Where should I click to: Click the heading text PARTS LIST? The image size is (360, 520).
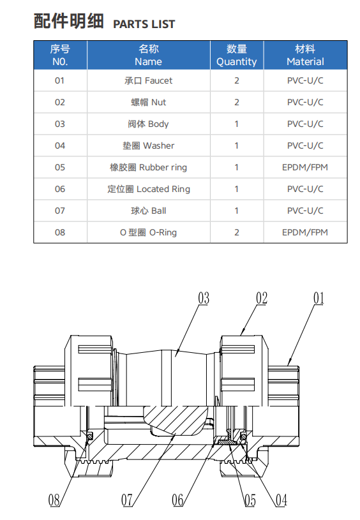click(144, 24)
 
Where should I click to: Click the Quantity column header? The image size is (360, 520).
click(237, 55)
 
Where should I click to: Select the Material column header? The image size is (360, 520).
click(305, 55)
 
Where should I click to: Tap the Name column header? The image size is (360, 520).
click(148, 55)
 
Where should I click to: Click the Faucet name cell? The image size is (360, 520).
click(148, 80)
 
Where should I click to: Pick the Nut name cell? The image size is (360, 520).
click(148, 102)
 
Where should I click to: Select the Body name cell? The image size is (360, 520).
click(148, 124)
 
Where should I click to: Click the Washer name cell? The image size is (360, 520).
click(148, 145)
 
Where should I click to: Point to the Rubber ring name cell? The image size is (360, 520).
click(148, 167)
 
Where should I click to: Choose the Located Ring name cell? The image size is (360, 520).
click(148, 189)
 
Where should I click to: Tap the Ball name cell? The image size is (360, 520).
click(148, 211)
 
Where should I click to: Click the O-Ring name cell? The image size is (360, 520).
click(148, 232)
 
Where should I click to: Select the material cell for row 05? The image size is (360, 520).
click(305, 167)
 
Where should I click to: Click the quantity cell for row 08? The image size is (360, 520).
click(237, 232)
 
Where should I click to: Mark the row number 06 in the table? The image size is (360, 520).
click(60, 189)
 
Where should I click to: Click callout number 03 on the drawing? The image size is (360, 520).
click(204, 298)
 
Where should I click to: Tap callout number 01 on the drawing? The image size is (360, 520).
click(319, 298)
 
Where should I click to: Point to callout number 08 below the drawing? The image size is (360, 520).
click(54, 500)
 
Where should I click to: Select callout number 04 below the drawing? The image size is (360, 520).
click(281, 500)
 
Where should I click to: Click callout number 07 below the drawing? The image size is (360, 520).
click(127, 500)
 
